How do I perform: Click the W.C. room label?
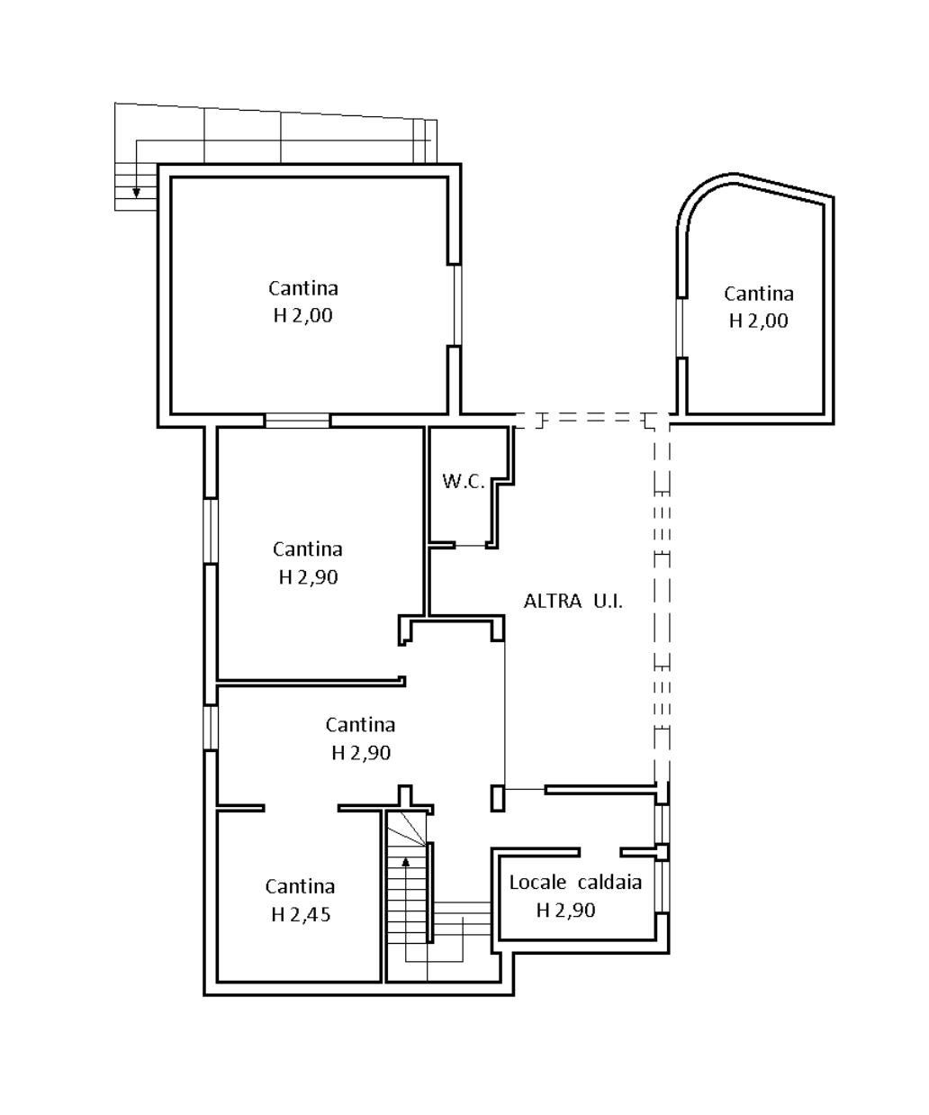(463, 482)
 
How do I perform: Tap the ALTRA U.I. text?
(573, 602)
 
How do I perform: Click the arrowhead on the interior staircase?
(406, 861)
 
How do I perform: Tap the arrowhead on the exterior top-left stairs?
(136, 193)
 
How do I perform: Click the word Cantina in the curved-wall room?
(759, 294)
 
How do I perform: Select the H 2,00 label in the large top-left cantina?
(302, 315)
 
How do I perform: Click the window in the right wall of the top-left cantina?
(457, 305)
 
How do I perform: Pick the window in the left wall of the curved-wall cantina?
(680, 327)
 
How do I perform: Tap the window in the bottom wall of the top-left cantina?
(297, 421)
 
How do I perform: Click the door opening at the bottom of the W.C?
(470, 545)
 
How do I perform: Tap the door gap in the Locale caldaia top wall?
(600, 852)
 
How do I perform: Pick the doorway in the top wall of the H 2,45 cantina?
(302, 808)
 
